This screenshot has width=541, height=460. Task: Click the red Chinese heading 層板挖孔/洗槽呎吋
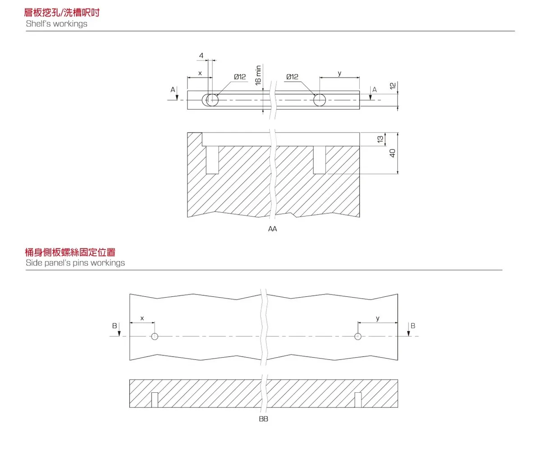(x=62, y=12)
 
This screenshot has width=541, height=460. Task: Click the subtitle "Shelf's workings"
(x=56, y=24)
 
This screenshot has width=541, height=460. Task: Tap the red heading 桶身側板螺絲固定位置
(x=70, y=252)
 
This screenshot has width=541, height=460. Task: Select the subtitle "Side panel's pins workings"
(x=75, y=263)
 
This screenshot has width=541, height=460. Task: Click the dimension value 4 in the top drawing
(x=201, y=56)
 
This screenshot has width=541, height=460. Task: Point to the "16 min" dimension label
(x=258, y=75)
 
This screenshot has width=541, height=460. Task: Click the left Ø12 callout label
(x=240, y=77)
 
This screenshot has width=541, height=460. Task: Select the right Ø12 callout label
(x=292, y=77)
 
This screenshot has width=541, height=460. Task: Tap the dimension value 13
(x=380, y=140)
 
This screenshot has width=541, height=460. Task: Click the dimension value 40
(x=392, y=153)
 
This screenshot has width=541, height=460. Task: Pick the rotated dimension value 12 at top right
(x=392, y=86)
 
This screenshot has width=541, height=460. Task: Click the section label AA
(x=272, y=229)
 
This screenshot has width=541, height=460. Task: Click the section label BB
(x=264, y=419)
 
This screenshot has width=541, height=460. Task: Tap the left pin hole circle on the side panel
(x=155, y=336)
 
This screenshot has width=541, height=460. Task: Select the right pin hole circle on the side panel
(x=358, y=336)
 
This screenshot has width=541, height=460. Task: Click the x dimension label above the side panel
(x=142, y=318)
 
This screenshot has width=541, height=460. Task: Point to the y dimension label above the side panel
(x=378, y=318)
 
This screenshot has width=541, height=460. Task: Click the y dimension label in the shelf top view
(x=339, y=74)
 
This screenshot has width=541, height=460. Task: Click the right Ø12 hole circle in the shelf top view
(x=319, y=100)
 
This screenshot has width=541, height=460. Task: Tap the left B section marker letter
(x=115, y=326)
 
